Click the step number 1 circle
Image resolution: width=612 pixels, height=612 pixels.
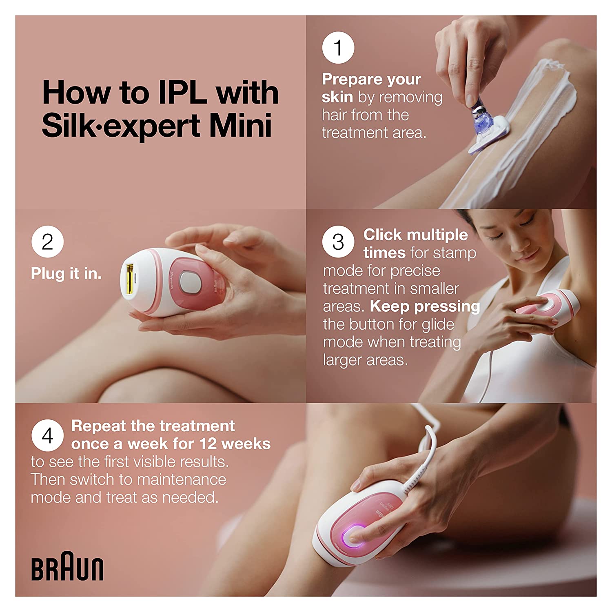pos(338,48)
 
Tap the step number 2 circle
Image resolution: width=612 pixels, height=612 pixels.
pos(47,242)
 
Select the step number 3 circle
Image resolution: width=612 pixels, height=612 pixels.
pos(338,242)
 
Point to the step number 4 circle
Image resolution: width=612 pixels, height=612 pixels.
pos(47,435)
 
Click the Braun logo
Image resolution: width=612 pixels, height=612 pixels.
pos(67,566)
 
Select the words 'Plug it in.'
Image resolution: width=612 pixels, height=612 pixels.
pos(66,273)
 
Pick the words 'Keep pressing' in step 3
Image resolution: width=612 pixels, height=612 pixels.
pos(425,306)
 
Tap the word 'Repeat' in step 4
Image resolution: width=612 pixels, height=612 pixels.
pos(99,426)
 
